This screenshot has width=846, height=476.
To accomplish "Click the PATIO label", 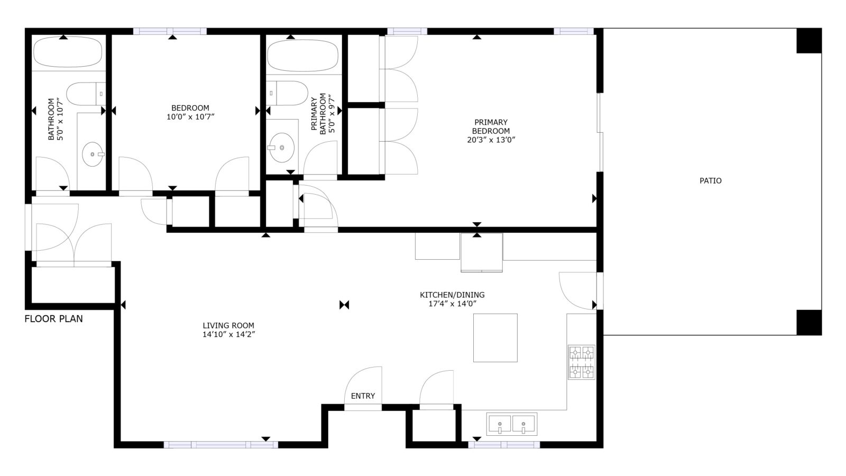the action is pos(711,180).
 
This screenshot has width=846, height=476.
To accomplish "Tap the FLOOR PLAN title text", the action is pos(53,319).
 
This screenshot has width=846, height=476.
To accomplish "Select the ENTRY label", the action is pos(363,396).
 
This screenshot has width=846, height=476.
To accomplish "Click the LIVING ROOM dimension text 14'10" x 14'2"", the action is pos(229,334).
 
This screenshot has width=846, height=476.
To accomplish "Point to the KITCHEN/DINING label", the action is pos(452,295).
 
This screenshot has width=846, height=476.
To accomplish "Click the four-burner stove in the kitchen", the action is pos(582,362).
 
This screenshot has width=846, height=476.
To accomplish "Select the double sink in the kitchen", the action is pos(512,424).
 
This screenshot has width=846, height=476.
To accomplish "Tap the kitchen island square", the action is pos(495,338).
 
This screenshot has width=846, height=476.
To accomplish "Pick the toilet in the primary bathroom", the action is pos(287,93).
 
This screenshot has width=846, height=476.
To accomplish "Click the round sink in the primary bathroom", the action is pos(282,148).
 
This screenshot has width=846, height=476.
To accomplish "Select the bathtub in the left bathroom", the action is pos(68,52).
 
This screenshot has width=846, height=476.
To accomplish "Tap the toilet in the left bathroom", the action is pos(86,94).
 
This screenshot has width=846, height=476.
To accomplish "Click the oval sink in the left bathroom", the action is pos(93,154).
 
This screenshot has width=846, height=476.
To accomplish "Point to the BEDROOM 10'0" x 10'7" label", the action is pos(190,112).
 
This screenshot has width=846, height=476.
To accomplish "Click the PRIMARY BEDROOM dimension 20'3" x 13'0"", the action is pos(491,140).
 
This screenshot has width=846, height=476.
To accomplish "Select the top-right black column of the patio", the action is pos(809,40).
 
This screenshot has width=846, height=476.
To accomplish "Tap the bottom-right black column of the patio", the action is pos(809,323).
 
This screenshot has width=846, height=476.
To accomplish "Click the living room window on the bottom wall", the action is pos(221,445).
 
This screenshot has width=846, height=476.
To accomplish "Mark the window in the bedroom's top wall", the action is pos(170,31).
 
